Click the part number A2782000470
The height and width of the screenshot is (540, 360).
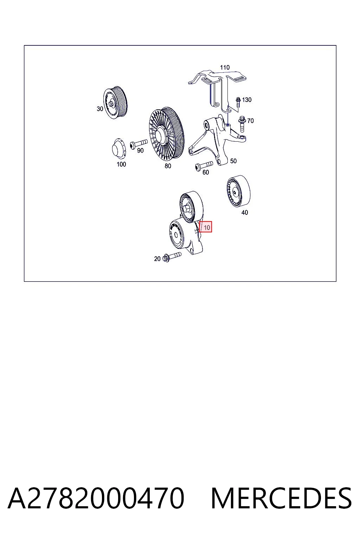tap(96, 498)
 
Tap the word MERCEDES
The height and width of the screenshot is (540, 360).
tap(281, 498)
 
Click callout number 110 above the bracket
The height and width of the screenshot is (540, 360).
tap(225, 67)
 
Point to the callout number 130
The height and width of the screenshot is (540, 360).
tap(247, 99)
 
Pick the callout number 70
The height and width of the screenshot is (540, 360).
tap(251, 121)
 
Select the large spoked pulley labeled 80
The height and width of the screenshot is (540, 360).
tap(166, 134)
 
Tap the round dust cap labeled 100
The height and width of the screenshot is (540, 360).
tap(119, 149)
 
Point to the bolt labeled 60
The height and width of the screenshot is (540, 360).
tap(204, 166)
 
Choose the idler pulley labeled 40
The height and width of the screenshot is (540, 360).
tap(238, 191)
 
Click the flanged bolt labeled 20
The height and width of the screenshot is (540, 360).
tap(172, 257)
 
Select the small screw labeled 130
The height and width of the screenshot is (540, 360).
tap(238, 102)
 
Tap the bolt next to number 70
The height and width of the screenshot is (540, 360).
tap(242, 124)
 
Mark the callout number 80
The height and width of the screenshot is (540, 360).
tap(168, 166)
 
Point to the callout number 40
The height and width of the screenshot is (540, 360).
tap(244, 212)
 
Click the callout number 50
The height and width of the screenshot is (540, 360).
tap(233, 161)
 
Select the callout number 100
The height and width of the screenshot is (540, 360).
tap(121, 164)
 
